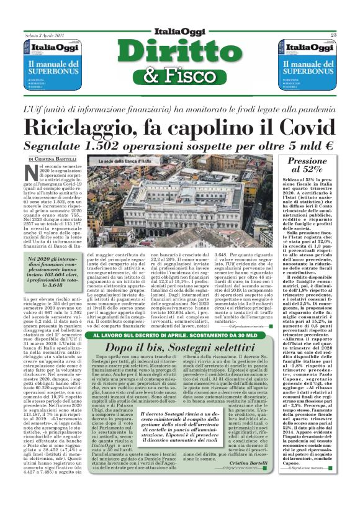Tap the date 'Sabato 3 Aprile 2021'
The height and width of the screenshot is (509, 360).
click(x=45, y=35)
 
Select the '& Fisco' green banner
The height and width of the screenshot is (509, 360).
click(x=180, y=76)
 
